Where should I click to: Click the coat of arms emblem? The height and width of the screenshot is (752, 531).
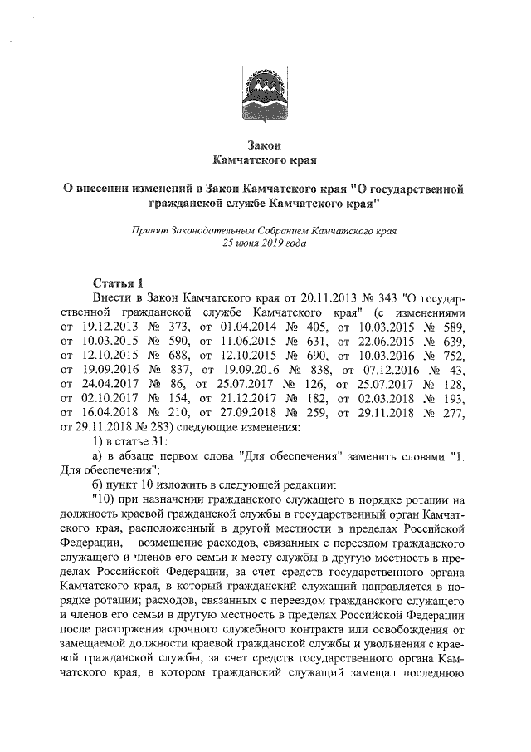coord(265,86)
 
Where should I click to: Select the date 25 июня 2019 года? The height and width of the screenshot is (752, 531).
coord(265,244)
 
